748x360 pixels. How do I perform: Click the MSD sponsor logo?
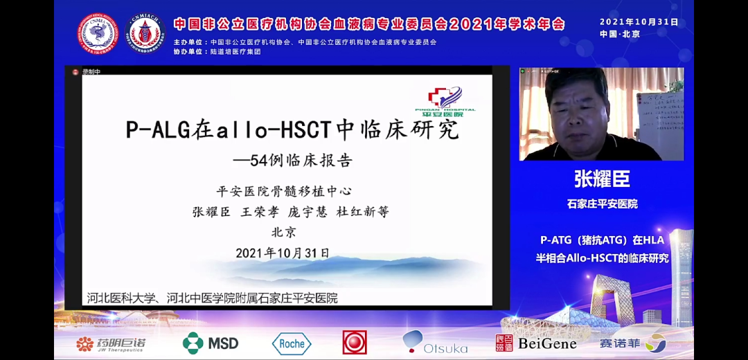[x=211, y=343]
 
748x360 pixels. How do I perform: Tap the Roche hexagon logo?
[x=292, y=343]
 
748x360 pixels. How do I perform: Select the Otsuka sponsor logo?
[x=435, y=343]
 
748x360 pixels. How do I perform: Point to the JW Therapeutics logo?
[x=111, y=343]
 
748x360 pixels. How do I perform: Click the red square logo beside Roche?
[x=355, y=342]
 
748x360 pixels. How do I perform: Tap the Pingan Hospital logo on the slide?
[x=451, y=101]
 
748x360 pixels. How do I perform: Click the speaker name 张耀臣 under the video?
[x=602, y=179]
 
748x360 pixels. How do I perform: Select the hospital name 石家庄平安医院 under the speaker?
[x=602, y=204]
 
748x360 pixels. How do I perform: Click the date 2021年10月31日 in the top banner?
[x=639, y=21]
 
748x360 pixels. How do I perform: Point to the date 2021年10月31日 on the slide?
[x=283, y=253]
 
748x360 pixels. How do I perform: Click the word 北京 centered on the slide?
[x=283, y=233]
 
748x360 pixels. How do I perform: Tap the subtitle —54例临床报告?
[x=292, y=161]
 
